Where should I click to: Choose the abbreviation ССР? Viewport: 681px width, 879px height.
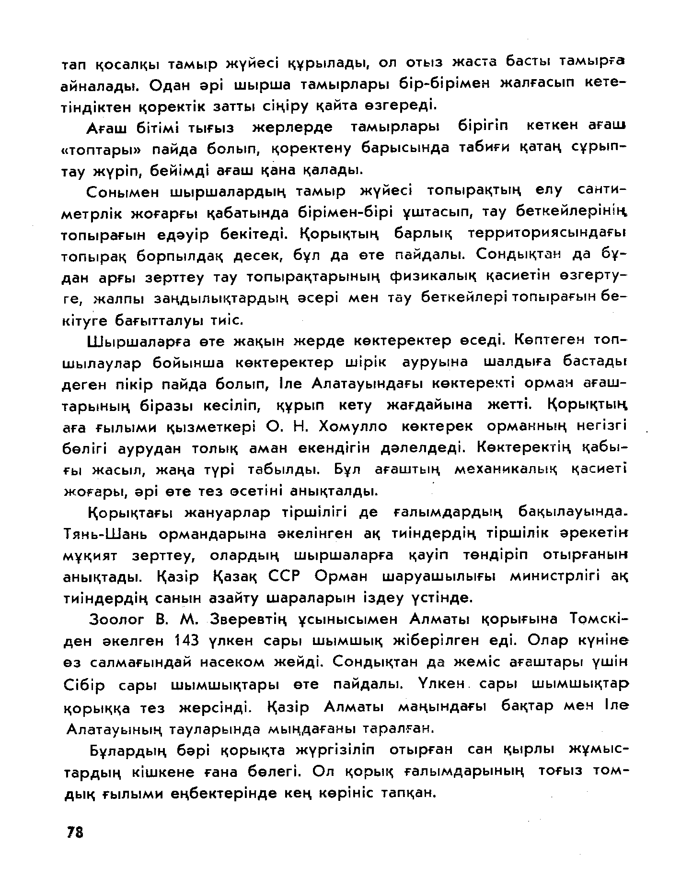coord(287,576)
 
